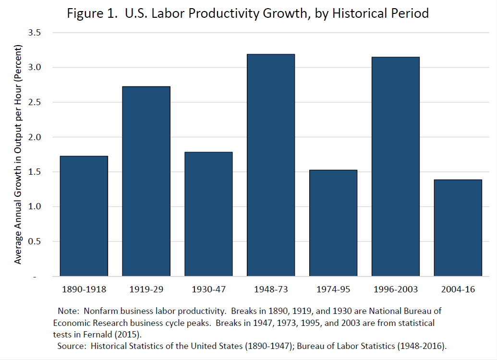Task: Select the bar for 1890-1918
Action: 84,216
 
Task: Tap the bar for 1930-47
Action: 208,214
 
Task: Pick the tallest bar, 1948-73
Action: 271,165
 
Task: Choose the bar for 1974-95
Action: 333,223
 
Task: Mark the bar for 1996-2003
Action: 396,167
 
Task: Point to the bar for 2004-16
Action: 458,228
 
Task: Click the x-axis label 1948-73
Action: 271,290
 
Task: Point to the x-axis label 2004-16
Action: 458,290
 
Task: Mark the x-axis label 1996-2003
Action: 396,290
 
